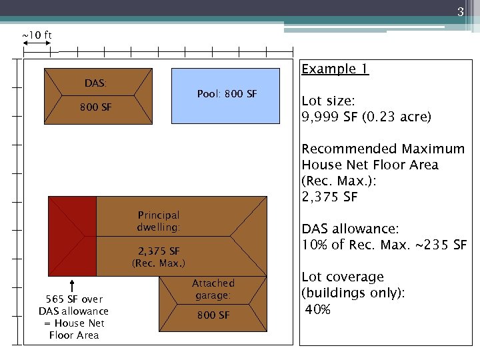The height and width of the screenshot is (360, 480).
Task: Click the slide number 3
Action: [x=460, y=11]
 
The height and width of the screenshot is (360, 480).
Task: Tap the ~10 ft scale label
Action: [x=37, y=35]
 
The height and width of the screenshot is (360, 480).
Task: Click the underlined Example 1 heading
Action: [x=335, y=69]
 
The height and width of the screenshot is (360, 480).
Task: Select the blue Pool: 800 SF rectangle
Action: [x=226, y=95]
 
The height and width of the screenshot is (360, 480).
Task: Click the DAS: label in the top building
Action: [x=95, y=83]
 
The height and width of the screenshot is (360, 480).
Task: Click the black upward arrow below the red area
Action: [x=71, y=286]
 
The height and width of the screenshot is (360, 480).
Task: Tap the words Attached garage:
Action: [x=213, y=289]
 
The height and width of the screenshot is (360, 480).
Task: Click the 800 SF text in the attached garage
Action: [x=213, y=315]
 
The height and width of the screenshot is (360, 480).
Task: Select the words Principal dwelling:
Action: [x=159, y=221]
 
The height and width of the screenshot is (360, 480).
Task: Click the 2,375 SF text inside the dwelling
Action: [x=159, y=251]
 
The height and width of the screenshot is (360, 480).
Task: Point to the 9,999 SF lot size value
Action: [x=328, y=117]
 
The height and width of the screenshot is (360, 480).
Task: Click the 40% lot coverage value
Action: [x=319, y=309]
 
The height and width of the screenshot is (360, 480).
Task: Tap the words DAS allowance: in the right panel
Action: [x=350, y=228]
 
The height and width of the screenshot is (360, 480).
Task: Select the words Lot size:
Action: [x=328, y=101]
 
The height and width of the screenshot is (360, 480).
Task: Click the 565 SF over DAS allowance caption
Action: [x=73, y=317]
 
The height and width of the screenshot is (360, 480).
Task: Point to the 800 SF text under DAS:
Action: [x=95, y=107]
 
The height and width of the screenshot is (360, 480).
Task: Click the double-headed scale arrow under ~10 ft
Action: [x=37, y=43]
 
